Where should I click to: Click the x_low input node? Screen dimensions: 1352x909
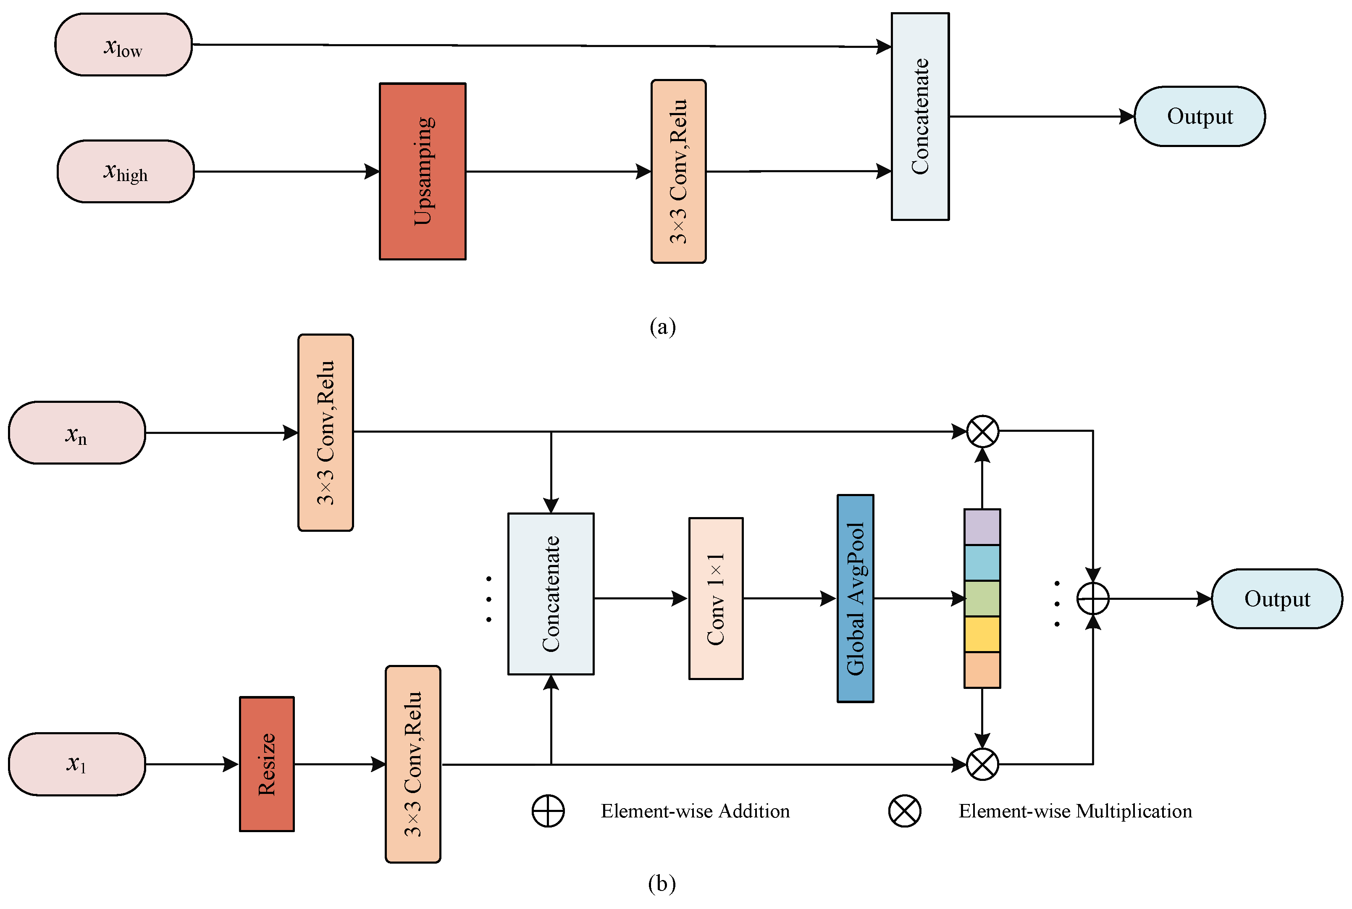pyautogui.click(x=123, y=45)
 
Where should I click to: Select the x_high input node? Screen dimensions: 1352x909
pyautogui.click(x=126, y=172)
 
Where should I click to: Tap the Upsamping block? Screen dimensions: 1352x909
pyautogui.click(x=423, y=172)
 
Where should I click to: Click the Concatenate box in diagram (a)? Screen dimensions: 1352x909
pyautogui.click(x=920, y=116)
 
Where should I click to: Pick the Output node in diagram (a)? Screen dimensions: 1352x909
pyautogui.click(x=1200, y=116)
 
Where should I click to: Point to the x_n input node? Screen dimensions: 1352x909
pyautogui.click(x=76, y=433)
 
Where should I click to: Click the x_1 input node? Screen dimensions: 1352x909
pyautogui.click(x=76, y=764)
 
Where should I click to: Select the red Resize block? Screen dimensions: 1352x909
pyautogui.click(x=267, y=764)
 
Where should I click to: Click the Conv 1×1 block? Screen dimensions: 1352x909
pyautogui.click(x=716, y=598)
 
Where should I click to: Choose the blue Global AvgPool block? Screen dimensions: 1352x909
pyautogui.click(x=856, y=598)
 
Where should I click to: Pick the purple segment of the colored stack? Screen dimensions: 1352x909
pyautogui.click(x=982, y=527)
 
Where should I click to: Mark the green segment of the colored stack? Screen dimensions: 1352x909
pyautogui.click(x=982, y=598)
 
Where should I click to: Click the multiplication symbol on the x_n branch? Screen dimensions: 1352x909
pyautogui.click(x=983, y=431)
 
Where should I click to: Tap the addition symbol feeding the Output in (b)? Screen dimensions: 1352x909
pyautogui.click(x=1093, y=598)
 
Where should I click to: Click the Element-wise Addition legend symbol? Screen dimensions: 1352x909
pyautogui.click(x=548, y=811)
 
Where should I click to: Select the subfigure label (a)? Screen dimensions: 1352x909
pyautogui.click(x=662, y=326)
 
